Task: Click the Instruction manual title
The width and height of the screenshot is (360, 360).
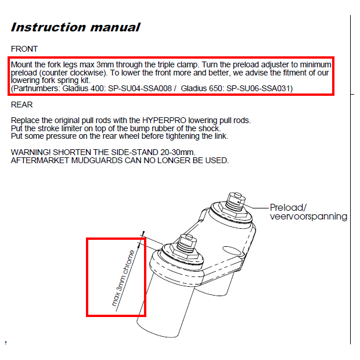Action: pyautogui.click(x=75, y=27)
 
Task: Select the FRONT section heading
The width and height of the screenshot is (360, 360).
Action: pyautogui.click(x=24, y=49)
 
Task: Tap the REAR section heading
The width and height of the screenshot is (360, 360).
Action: pyautogui.click(x=22, y=105)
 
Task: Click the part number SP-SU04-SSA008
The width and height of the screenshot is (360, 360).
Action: pyautogui.click(x=140, y=88)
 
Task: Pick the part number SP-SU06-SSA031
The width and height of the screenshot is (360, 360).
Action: pyautogui.click(x=258, y=88)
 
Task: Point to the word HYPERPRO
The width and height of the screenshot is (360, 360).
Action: pyautogui.click(x=164, y=120)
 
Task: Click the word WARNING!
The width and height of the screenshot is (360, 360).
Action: pyautogui.click(x=31, y=152)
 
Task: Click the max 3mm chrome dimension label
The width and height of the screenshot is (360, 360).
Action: pyautogui.click(x=123, y=278)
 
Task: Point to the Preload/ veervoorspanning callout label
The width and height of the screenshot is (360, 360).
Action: pyautogui.click(x=308, y=212)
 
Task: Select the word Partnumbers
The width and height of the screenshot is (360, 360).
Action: pyautogui.click(x=36, y=88)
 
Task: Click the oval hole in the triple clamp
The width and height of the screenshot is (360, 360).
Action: pyautogui.click(x=232, y=251)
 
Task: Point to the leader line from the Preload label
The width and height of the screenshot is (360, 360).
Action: pyautogui.click(x=256, y=207)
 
